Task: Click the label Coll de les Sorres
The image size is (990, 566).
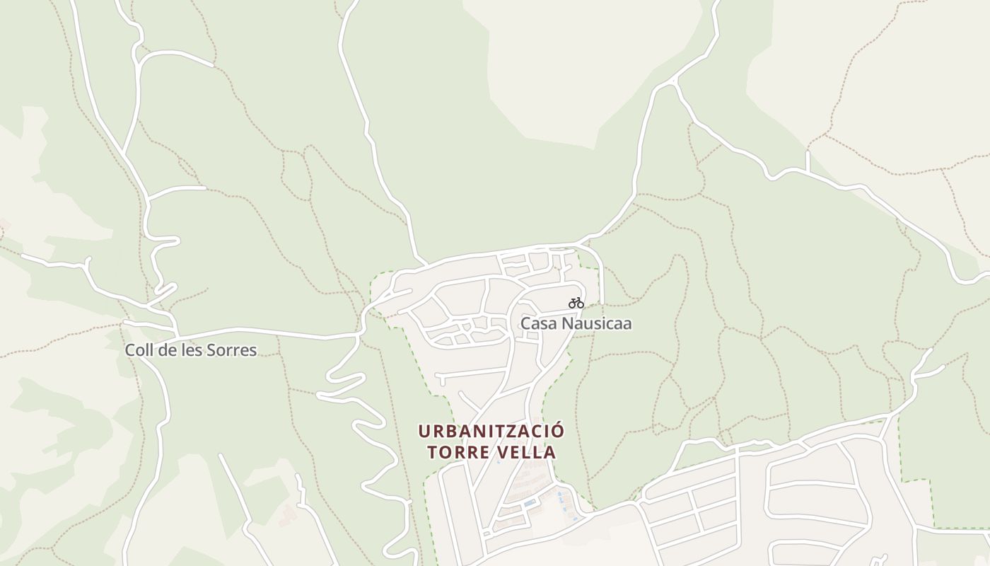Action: tap(191, 350)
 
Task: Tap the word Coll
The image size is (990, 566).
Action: tap(139, 350)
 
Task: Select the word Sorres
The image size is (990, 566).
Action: tap(233, 350)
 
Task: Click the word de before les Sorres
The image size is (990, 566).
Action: tap(168, 350)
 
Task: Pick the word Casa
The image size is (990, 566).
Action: tap(536, 323)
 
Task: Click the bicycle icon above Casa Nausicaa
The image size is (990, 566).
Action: tap(576, 303)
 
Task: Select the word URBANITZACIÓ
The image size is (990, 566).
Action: tap(491, 431)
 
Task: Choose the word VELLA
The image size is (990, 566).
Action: tap(528, 452)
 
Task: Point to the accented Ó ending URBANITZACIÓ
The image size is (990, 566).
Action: tap(558, 430)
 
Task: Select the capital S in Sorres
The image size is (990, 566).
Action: tap(214, 350)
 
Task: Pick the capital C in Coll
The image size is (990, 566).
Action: tap(130, 350)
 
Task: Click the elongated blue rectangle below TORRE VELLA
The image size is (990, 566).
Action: tap(530, 503)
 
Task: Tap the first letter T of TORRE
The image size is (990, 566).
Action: tap(432, 452)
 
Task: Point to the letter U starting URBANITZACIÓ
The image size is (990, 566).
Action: tap(423, 431)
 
